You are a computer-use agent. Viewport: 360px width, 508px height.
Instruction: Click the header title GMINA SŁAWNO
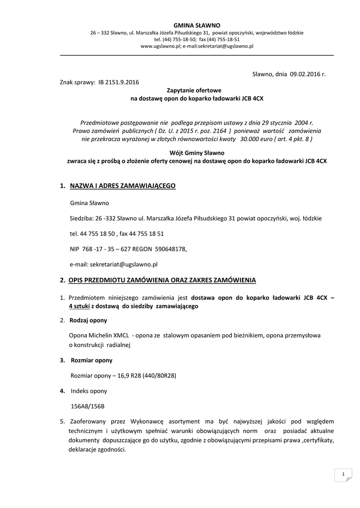click(197, 25)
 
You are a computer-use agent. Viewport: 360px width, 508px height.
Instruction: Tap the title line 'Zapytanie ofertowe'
click(197, 91)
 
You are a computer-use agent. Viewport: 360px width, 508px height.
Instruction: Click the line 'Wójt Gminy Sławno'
click(197, 153)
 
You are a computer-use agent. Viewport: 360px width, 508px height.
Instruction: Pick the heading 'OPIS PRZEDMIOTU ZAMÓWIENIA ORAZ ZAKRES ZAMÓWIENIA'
click(162, 280)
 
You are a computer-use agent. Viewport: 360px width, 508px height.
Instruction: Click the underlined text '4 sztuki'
click(79, 306)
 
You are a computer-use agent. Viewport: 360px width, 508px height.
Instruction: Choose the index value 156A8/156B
click(87, 406)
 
